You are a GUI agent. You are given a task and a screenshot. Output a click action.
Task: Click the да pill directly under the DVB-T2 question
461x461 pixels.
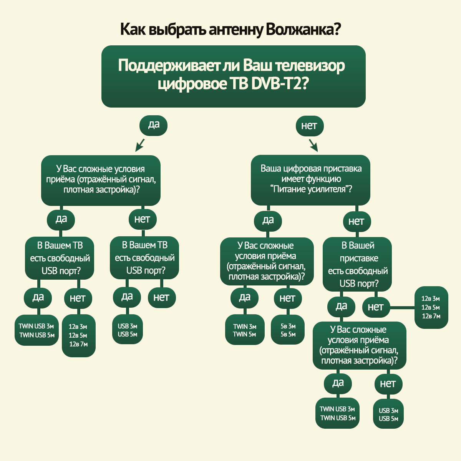click(x=154, y=124)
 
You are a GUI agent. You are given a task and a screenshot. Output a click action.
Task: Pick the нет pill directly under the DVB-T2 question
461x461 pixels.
click(x=309, y=126)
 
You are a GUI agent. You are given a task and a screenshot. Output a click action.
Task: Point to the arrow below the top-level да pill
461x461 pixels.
click(x=139, y=145)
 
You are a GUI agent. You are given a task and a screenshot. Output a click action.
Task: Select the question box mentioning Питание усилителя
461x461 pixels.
click(x=310, y=179)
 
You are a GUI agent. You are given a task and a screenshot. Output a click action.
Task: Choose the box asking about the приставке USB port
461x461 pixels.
click(x=357, y=264)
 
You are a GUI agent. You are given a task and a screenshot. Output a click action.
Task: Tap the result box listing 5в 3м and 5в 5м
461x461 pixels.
click(x=288, y=330)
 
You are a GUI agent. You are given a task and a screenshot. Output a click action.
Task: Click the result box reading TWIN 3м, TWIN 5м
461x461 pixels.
click(x=245, y=330)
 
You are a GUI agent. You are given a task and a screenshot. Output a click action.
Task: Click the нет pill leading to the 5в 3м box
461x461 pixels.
click(x=287, y=298)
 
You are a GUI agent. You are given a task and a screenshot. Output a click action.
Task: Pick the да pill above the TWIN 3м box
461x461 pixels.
click(x=245, y=297)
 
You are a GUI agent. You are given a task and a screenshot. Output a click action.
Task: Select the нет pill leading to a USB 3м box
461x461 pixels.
click(x=388, y=384)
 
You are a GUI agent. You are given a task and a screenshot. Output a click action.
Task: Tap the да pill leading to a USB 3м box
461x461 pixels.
click(x=127, y=297)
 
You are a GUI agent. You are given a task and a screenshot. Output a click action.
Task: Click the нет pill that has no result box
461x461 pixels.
click(x=161, y=297)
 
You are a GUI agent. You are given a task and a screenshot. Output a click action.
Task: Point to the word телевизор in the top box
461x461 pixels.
click(x=311, y=66)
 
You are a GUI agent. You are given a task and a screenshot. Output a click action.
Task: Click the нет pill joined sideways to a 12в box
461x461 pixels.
click(x=376, y=307)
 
